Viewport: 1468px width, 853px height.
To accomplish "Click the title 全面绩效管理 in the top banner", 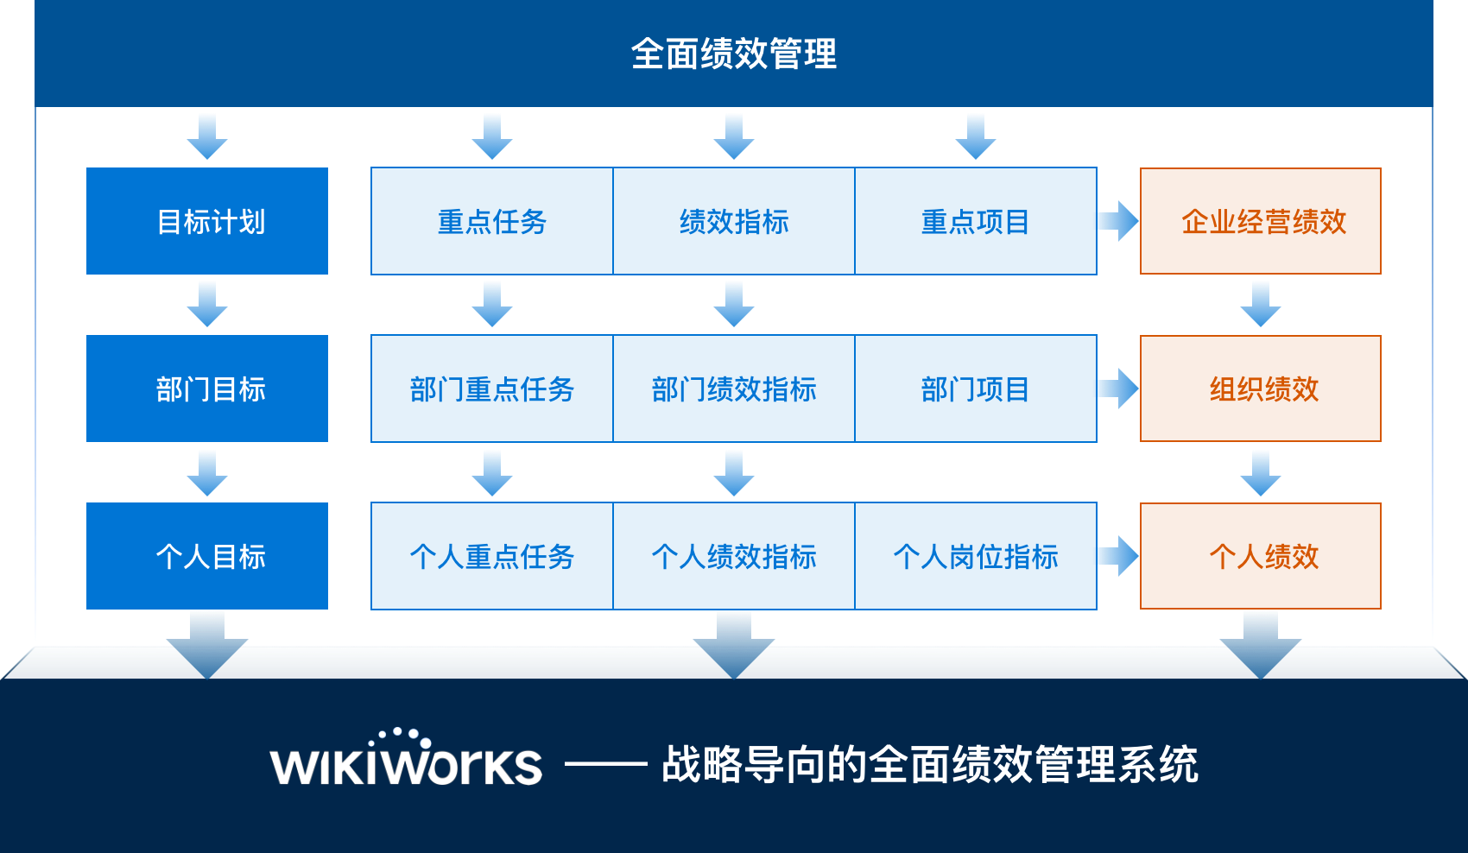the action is pos(733,54).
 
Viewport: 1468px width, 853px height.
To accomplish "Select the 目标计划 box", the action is pos(207,221).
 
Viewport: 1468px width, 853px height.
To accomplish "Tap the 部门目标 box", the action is pos(207,389).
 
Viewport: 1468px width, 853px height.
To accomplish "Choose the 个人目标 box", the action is pos(207,556).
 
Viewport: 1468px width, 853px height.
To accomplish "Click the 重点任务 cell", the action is pos(492,221).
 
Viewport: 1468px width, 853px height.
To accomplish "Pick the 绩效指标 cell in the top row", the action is pos(734,221).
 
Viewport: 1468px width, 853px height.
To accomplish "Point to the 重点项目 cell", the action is pos(976,221).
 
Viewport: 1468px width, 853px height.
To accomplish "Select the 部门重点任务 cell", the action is pos(492,389).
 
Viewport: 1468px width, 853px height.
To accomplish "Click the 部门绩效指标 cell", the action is pos(734,389).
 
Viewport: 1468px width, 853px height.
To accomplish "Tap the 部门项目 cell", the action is pos(976,389).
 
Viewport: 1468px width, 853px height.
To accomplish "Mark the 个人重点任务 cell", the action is pos(492,556).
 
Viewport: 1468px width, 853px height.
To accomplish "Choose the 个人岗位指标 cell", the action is pos(976,556).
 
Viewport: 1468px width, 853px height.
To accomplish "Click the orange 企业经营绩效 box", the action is pos(1261,221).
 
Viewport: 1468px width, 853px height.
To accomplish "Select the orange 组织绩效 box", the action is pos(1261,389).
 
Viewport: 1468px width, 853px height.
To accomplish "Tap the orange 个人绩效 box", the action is pos(1261,556).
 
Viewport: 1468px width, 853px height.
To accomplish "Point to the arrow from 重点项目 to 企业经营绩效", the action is pos(1118,221).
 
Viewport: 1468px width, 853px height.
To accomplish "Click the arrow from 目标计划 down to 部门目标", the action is pos(207,305).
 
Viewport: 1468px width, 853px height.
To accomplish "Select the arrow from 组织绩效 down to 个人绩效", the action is pos(1261,472).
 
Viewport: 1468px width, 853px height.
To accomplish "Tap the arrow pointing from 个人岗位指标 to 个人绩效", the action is pos(1118,556).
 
